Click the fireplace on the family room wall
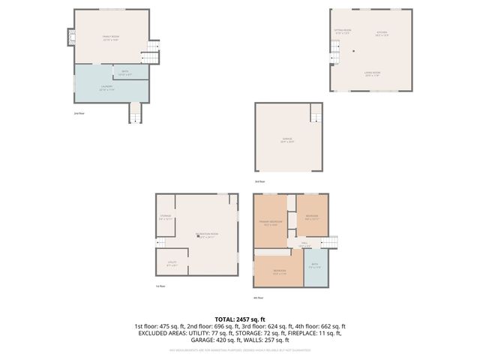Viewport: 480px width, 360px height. tap(71, 37)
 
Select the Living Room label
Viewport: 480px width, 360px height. tap(372, 74)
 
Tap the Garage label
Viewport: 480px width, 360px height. tap(286, 139)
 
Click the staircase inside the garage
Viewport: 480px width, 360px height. tap(316, 115)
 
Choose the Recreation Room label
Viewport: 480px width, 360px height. tap(206, 235)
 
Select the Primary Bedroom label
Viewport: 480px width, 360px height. tap(271, 223)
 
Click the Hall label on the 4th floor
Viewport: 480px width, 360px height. tap(306, 244)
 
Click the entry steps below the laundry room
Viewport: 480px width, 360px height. tap(135, 112)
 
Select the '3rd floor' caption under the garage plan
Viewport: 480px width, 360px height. tap(259, 181)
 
